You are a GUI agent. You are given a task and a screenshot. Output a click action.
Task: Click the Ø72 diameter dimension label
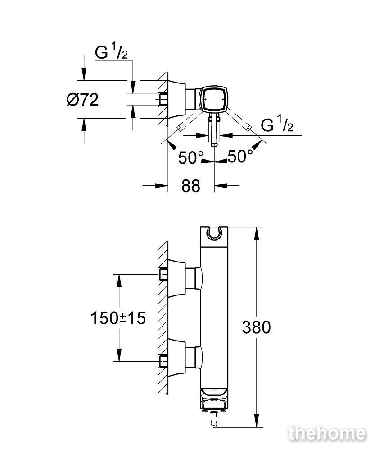[83, 100]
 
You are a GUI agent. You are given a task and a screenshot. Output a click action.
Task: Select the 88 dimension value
[191, 186]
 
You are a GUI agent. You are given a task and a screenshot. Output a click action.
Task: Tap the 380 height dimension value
[257, 327]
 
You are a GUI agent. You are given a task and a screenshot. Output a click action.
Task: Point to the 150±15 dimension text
[118, 318]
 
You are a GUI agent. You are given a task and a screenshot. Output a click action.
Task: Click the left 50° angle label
[191, 157]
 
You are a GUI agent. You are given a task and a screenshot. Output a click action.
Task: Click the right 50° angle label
[240, 156]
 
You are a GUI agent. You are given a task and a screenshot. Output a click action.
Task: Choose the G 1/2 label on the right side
[277, 125]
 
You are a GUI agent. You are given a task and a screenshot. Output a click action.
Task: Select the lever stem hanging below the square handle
[214, 129]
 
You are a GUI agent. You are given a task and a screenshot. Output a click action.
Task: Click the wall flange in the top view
[177, 99]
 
